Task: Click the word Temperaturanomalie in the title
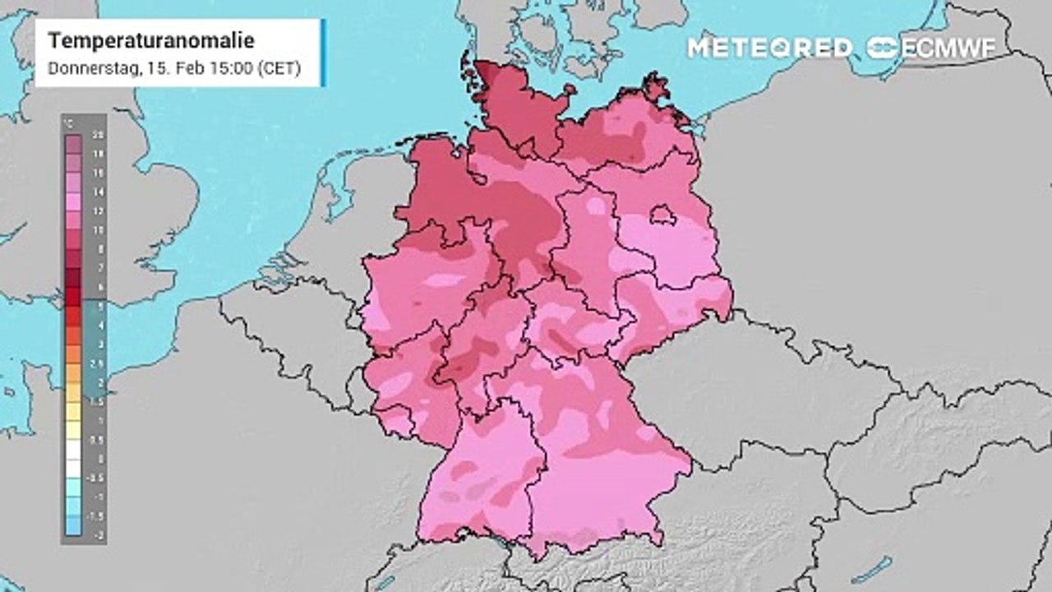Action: pos(151,40)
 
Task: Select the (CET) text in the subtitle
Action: pos(279,69)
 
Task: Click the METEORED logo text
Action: pos(769,48)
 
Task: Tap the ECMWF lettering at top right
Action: pos(948,48)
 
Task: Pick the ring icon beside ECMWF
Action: pos(884,48)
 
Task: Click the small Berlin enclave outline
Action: pos(662,215)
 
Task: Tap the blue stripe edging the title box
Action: pos(323,53)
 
